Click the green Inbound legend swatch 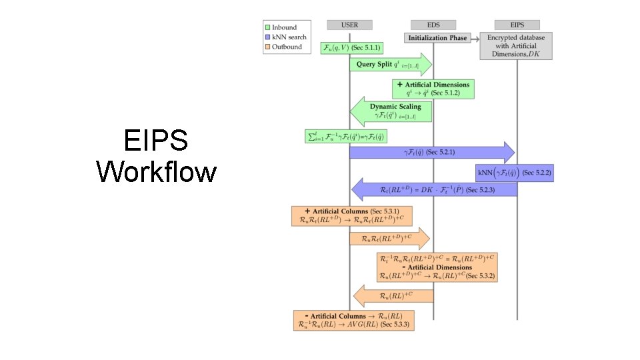[x=267, y=27]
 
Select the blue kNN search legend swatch [x=267, y=37]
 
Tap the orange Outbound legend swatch [x=267, y=47]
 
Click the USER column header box [x=349, y=25]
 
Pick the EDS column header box [x=433, y=25]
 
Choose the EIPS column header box [x=516, y=25]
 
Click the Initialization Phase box [x=437, y=38]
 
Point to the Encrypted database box [x=516, y=46]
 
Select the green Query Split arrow [x=390, y=65]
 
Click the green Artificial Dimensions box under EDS [x=434, y=89]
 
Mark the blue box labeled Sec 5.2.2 [x=514, y=173]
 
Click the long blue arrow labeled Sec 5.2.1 [x=432, y=152]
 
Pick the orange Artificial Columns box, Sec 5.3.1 [x=351, y=216]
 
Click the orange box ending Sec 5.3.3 [x=353, y=320]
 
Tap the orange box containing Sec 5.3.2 [x=437, y=267]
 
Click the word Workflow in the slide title [x=157, y=171]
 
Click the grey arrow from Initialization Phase [x=475, y=38]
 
